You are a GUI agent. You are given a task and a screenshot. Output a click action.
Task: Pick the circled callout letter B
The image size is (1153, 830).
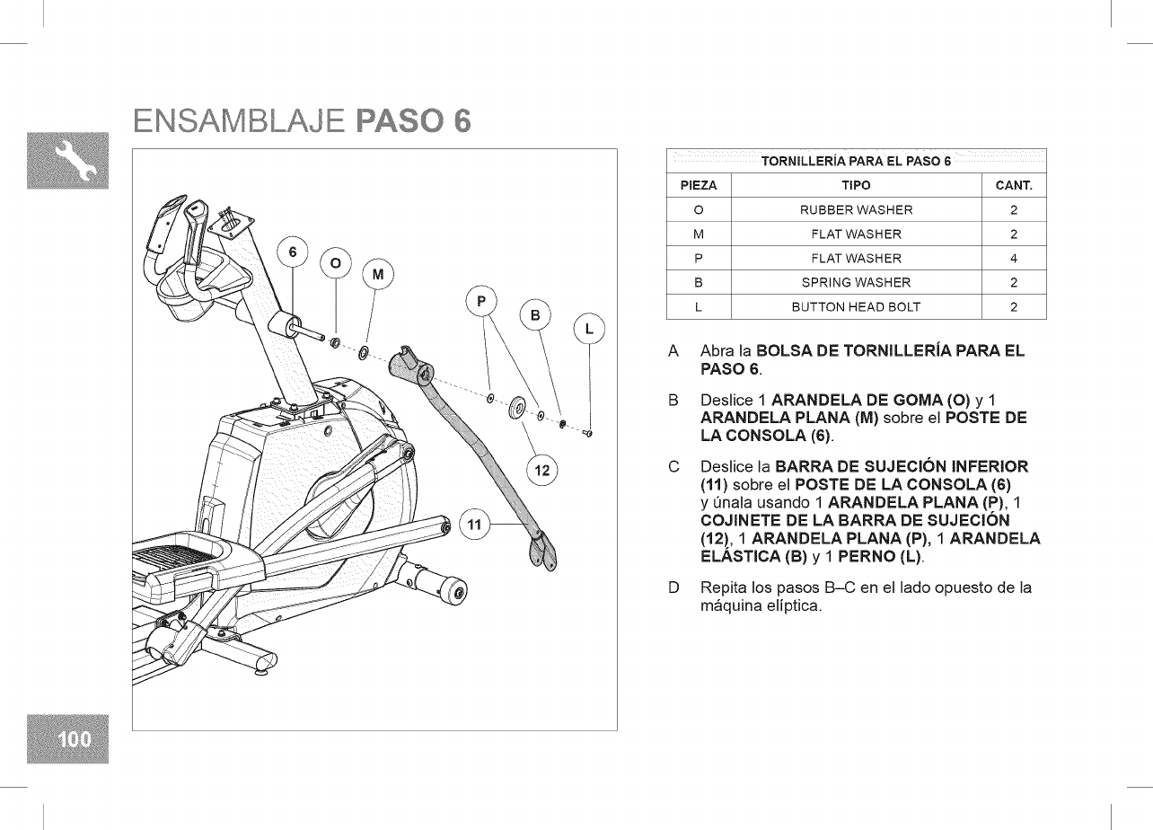pyautogui.click(x=535, y=314)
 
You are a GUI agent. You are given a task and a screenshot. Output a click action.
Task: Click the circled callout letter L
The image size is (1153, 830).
pyautogui.click(x=589, y=329)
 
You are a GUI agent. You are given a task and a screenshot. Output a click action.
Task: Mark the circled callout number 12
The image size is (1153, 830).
pyautogui.click(x=541, y=470)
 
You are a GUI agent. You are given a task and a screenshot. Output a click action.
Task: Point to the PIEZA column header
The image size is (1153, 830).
pyautogui.click(x=698, y=186)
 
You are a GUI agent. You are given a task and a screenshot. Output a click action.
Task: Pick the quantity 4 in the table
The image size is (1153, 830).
pyautogui.click(x=1014, y=259)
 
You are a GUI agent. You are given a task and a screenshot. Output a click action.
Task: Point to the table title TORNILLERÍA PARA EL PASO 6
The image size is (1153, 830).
pyautogui.click(x=856, y=162)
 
